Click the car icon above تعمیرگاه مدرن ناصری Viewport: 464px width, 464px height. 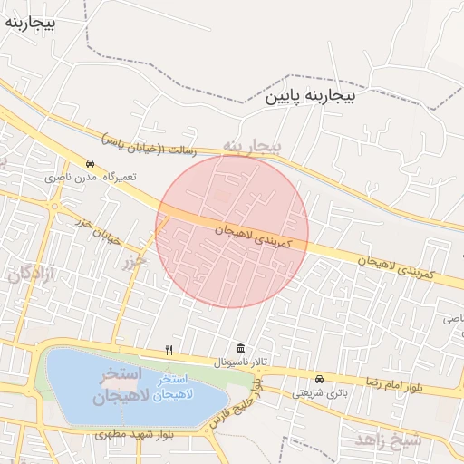[90, 163]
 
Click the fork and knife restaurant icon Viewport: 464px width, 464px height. [169, 349]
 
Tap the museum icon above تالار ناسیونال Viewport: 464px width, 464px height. [240, 349]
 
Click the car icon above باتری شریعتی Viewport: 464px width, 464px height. [319, 379]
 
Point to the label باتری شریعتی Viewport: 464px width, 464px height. [320, 393]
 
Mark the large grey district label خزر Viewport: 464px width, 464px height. [135, 260]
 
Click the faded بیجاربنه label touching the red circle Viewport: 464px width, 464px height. [253, 146]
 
